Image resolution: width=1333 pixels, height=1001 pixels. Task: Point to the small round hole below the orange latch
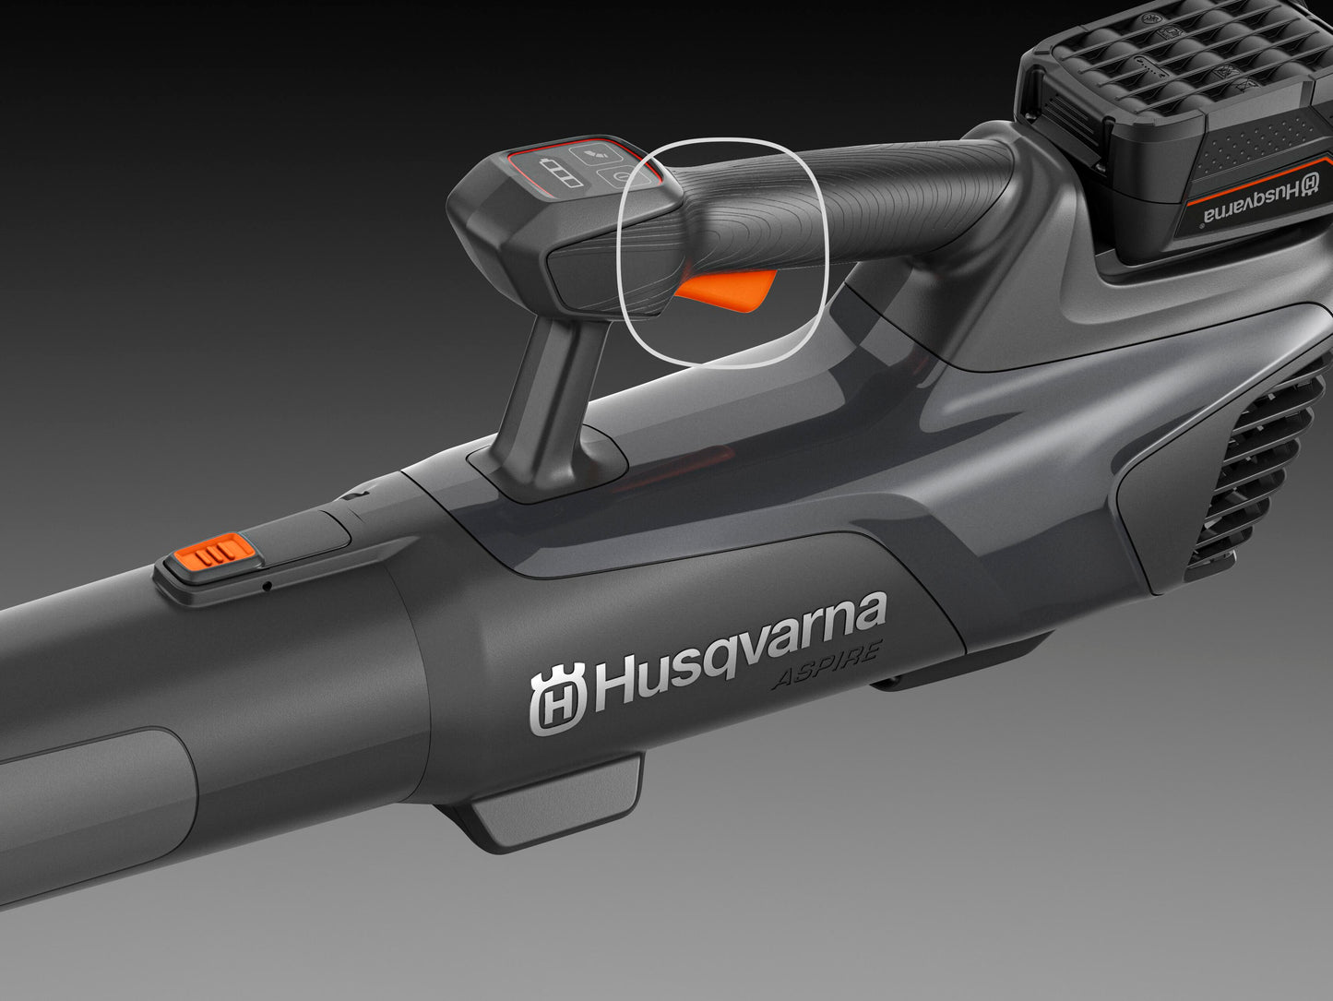(268, 585)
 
